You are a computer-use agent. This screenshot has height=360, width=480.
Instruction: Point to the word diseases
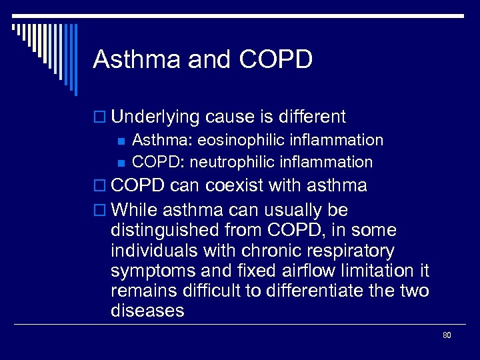pos(148,311)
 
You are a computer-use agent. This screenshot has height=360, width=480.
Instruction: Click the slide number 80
pos(447,335)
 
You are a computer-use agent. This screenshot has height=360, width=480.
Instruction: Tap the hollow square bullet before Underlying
pos(101,118)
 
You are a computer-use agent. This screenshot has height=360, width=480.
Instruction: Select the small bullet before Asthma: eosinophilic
pos(120,141)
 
